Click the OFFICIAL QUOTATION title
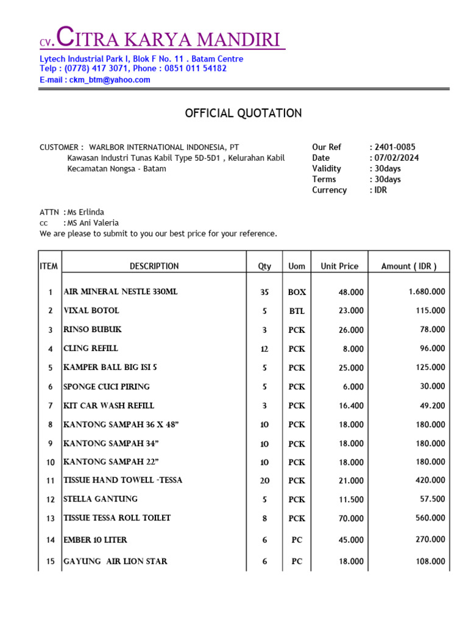click(x=243, y=113)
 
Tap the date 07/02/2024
click(x=397, y=158)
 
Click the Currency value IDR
click(x=381, y=190)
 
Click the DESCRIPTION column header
click(x=154, y=266)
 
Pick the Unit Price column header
click(x=339, y=266)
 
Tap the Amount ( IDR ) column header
click(x=408, y=266)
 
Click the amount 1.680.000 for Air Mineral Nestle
click(x=427, y=292)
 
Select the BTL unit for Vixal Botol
click(x=297, y=311)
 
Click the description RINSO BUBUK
click(x=93, y=330)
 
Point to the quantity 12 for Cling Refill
click(x=264, y=349)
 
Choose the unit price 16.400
click(x=351, y=406)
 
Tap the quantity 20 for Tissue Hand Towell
click(x=264, y=481)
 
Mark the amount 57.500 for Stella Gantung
click(x=432, y=499)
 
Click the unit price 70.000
click(x=351, y=519)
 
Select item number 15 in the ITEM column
click(x=51, y=561)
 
